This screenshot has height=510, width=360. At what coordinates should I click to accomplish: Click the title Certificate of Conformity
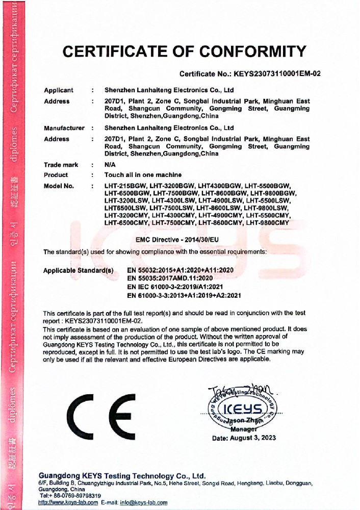tap(184, 52)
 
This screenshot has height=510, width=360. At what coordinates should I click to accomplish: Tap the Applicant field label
tap(59, 90)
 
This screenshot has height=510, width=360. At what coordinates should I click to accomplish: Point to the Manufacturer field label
tap(64, 128)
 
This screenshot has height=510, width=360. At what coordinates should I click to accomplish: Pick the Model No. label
tap(59, 186)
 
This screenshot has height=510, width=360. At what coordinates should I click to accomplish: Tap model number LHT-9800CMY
tap(267, 222)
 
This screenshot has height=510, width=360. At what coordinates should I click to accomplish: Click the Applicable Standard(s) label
tap(78, 269)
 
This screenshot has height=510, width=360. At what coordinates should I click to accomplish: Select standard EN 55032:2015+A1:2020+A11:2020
tap(179, 269)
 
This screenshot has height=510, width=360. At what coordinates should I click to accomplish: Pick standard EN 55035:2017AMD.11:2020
tap(169, 278)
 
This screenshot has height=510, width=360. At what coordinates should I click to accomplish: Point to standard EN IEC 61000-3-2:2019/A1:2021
tap(176, 287)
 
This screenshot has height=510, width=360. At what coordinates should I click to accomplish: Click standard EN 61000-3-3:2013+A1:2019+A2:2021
tap(184, 295)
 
